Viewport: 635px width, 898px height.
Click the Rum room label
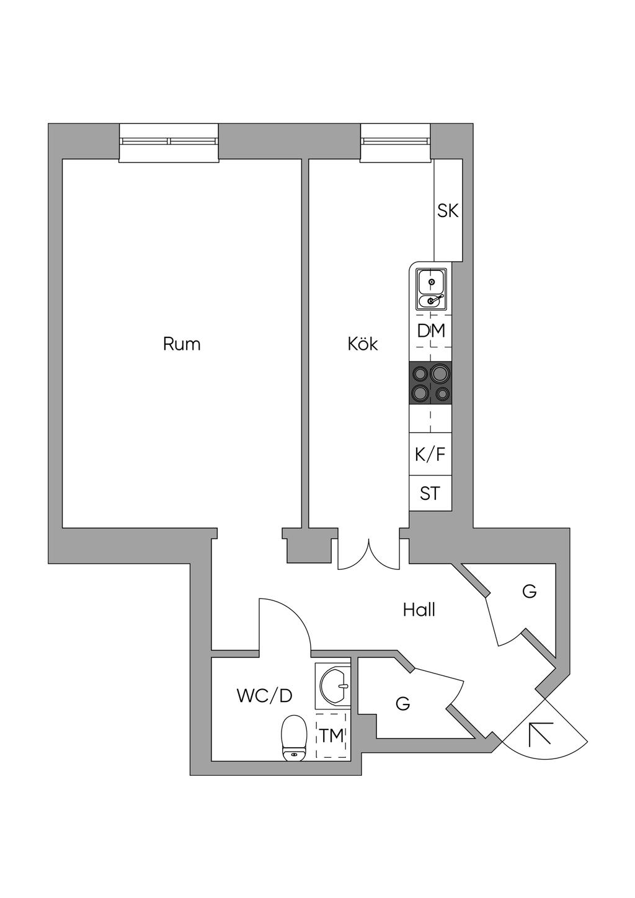coord(182,344)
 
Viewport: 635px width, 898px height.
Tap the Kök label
coord(363,344)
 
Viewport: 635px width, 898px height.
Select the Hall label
coord(419,610)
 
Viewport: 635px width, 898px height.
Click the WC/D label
coord(264,696)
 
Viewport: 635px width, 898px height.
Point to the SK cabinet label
coord(448,211)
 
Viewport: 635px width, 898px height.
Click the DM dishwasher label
coord(431,331)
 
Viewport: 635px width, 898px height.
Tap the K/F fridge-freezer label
coord(430,455)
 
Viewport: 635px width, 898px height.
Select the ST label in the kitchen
coord(430,494)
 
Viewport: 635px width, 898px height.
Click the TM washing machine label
coord(332,736)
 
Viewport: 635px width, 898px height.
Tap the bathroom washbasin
coord(334,685)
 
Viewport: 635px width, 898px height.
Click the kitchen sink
coord(431,290)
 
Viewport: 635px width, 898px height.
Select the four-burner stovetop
coord(430,383)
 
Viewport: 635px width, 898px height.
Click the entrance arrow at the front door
coord(540,734)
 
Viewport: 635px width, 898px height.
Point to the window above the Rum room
coord(169,142)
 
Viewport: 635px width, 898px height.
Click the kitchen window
coord(396,142)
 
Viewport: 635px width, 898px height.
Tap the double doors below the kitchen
coord(369,554)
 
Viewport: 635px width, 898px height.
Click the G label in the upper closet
coord(529,592)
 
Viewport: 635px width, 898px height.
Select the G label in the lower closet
coord(403,704)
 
